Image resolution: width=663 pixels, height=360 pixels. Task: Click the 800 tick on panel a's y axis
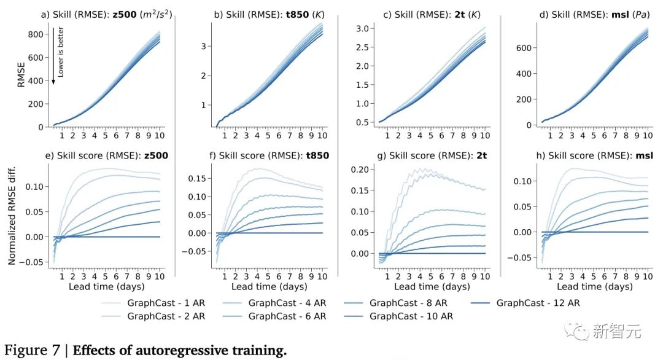(x=36, y=34)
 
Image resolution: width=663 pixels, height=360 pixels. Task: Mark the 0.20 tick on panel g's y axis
(x=359, y=170)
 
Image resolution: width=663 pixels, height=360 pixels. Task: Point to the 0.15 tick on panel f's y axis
(x=196, y=179)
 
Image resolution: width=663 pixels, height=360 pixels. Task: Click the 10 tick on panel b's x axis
(x=321, y=135)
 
